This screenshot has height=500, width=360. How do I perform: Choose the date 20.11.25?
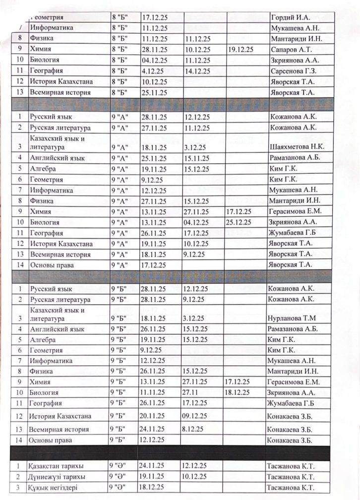tap(154, 416)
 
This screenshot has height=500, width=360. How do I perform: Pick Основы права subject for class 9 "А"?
tap(53, 265)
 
